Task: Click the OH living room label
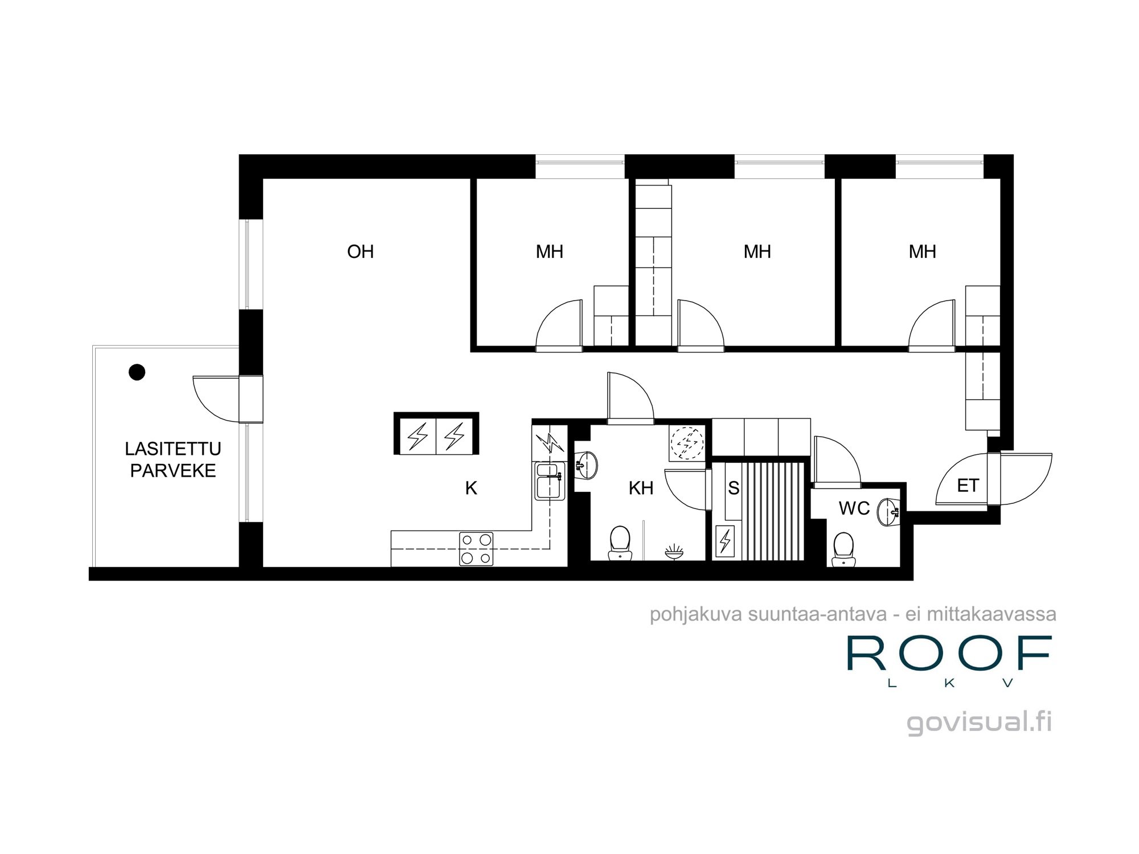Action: (360, 252)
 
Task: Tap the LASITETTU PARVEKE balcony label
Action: (173, 459)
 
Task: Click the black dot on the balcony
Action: (137, 372)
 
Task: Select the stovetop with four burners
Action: (476, 549)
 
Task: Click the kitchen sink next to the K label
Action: (549, 482)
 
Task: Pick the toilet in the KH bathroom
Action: (620, 543)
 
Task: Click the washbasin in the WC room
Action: (888, 511)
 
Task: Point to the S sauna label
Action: (734, 488)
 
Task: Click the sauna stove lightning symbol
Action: (725, 540)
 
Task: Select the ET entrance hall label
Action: (968, 486)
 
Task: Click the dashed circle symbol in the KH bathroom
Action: (687, 442)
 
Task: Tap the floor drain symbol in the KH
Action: (674, 551)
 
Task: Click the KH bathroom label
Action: (641, 488)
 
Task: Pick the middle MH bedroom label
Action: (757, 252)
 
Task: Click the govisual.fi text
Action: (979, 721)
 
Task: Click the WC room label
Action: (854, 508)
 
